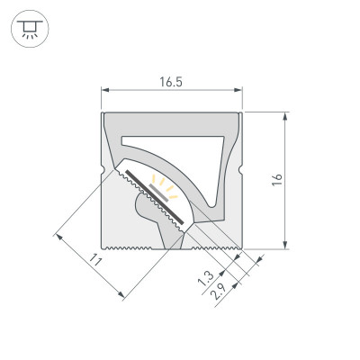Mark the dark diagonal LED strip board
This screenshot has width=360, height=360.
pyautogui.click(x=155, y=197)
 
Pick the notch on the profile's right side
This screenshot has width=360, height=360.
pyautogui.click(x=242, y=171)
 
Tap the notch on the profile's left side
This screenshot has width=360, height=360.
pyautogui.click(x=102, y=171)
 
